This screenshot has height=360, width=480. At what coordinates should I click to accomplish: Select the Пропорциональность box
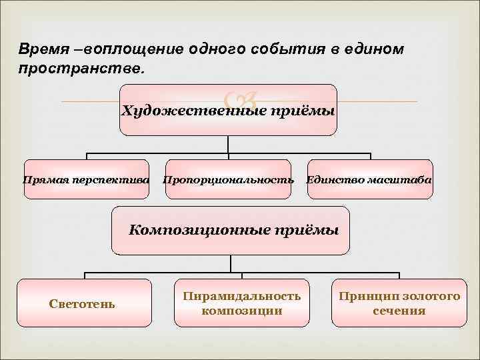228,180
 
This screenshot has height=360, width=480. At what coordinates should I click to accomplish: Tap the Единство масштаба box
369,180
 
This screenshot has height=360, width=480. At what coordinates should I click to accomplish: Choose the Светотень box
83,303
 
